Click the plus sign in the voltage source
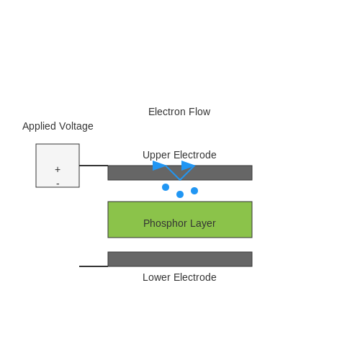pos(58,169)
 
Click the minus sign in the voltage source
pos(58,184)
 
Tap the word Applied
pos(39,126)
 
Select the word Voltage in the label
pos(76,126)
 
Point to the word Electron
pos(167,112)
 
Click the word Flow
pos(199,112)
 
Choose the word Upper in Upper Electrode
pos(156,156)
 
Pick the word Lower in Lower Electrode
pos(156,277)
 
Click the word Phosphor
pos(165,223)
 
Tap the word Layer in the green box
pos(203,224)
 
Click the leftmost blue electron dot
pos(166,187)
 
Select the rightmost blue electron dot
pos(194,191)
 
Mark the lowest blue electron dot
pos(180,194)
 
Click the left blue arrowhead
pos(159,166)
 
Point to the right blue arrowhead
pos(188,166)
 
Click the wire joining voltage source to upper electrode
pos(94,166)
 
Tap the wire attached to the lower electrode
pos(94,266)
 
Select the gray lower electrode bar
pos(180,259)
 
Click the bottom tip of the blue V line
pos(180,180)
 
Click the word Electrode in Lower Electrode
pos(194,277)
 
